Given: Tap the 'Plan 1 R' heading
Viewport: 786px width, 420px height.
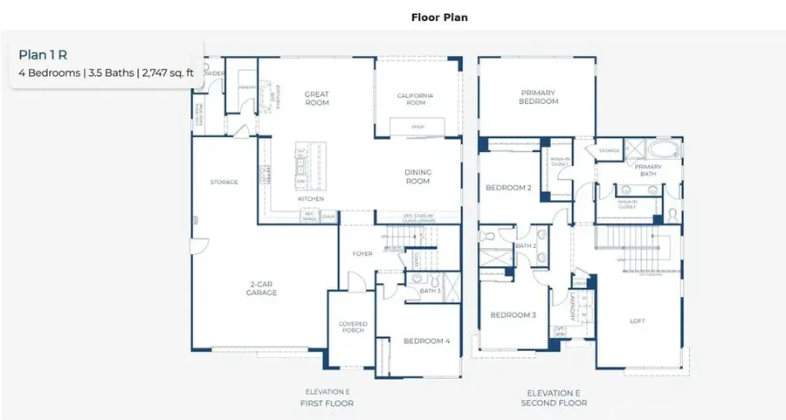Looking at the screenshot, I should [x=43, y=54].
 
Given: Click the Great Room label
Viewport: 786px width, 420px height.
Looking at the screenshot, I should [x=315, y=98].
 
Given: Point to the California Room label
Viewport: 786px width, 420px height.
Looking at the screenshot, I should [x=416, y=99].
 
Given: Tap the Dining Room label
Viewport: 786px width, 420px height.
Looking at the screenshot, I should [x=417, y=176].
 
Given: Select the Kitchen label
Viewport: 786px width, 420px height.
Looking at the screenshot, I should [x=311, y=199].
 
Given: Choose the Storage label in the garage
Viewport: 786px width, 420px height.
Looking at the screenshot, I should [x=224, y=182].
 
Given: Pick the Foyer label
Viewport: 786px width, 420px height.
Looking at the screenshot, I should [x=362, y=255].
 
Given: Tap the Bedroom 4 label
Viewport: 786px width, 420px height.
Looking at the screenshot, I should [x=426, y=341].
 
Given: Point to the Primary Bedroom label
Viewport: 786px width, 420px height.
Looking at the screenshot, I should [x=539, y=97].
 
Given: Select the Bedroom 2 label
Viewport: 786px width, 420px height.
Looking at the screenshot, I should [x=508, y=188].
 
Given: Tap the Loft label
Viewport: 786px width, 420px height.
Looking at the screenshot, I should [x=638, y=320].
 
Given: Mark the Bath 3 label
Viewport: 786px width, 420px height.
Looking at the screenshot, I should [x=429, y=291].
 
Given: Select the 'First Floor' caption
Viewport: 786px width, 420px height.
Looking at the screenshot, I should [x=329, y=403].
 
